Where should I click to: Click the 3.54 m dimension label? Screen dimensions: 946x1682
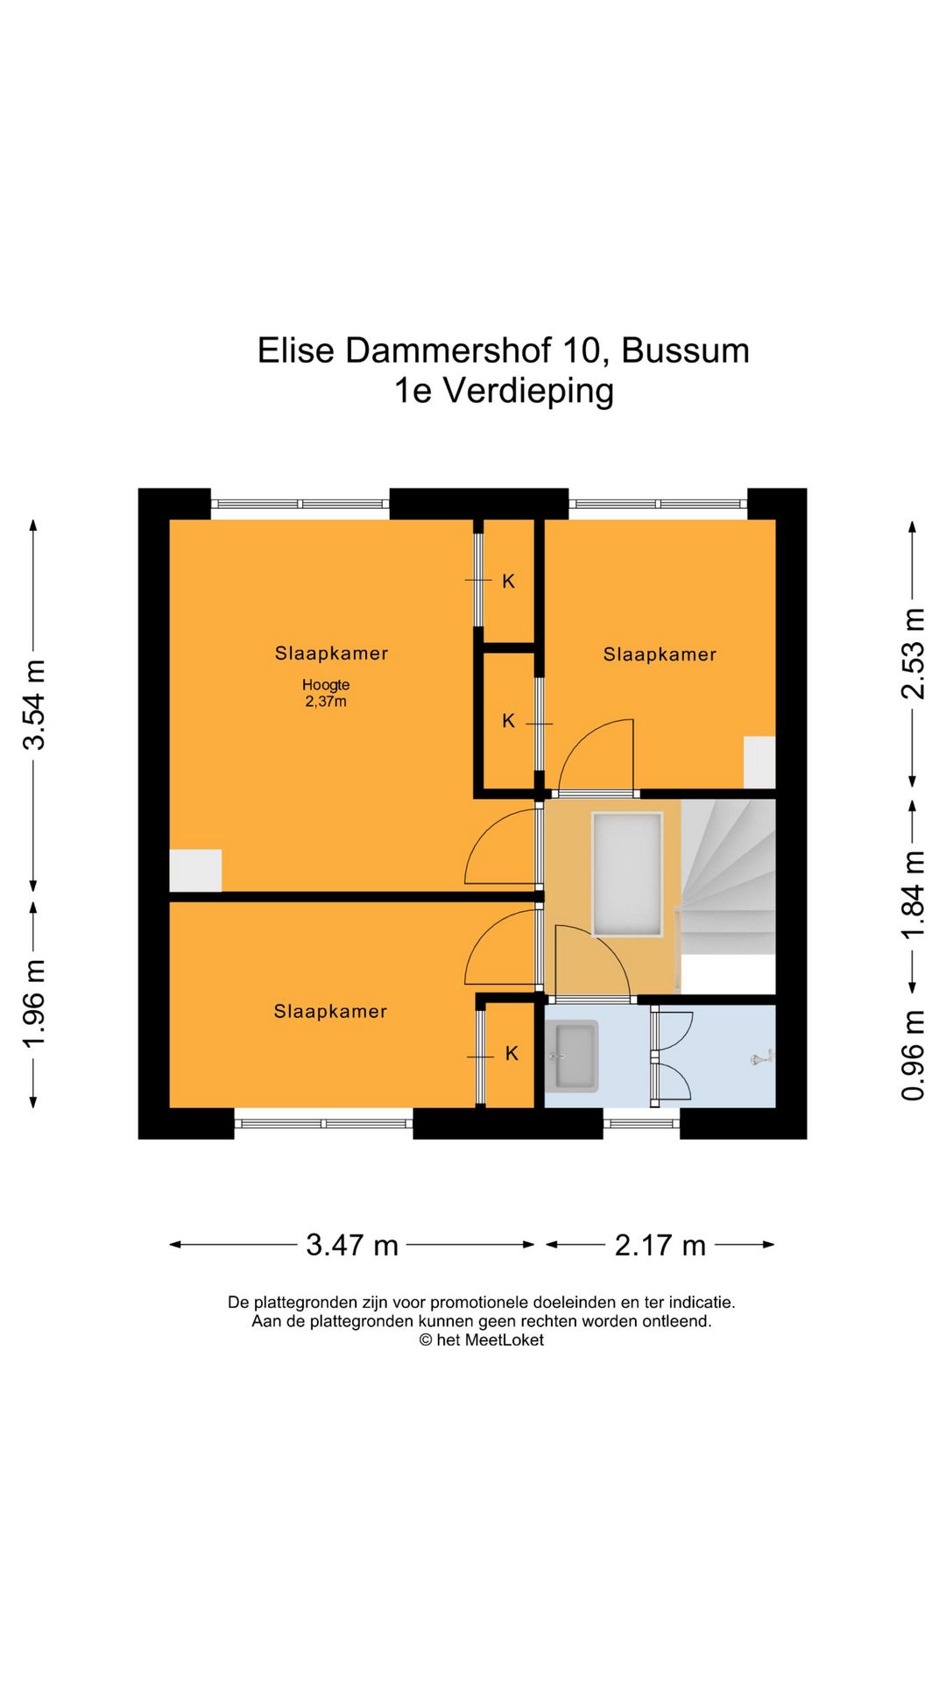pos(34,705)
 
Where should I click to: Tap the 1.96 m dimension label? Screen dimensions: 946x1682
pos(34,1004)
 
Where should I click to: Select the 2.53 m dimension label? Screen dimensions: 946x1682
pos(913,654)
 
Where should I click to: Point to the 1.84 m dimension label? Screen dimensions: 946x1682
pos(913,894)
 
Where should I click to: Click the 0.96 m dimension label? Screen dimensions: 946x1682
pos(913,1055)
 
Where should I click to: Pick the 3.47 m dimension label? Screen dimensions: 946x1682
pos(352,1245)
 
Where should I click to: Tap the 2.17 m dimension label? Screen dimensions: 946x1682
pos(660,1245)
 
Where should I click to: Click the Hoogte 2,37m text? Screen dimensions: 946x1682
pos(326,693)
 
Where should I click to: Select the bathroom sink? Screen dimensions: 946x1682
pos(571,1056)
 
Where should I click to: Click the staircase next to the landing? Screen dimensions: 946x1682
pos(728,876)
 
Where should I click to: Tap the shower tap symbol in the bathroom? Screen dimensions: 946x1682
pos(760,1058)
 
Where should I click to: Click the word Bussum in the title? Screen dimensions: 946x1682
pos(685,350)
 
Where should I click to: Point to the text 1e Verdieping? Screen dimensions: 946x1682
pos(504,391)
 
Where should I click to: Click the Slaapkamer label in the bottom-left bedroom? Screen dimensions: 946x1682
pos(330,1011)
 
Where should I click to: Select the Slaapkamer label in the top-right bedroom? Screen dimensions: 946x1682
pos(660,654)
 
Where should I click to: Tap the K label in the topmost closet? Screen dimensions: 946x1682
pos(508,581)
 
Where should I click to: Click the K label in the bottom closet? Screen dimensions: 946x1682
pos(512,1053)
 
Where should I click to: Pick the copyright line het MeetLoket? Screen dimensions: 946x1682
pos(481,1339)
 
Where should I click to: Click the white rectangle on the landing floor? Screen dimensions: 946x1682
pos(627,874)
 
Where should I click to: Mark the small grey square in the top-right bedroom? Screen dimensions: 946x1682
pos(759,762)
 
